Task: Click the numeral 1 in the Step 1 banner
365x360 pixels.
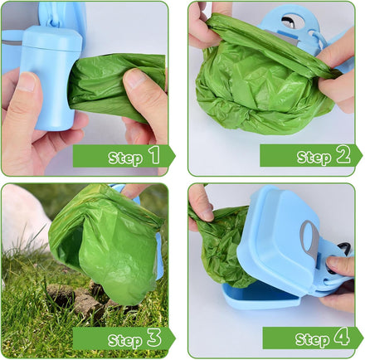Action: [155, 155]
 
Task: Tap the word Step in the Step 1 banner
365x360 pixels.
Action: [125, 158]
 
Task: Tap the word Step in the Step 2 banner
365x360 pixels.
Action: [314, 158]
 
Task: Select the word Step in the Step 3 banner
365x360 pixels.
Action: [125, 341]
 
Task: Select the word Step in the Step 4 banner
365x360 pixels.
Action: [313, 340]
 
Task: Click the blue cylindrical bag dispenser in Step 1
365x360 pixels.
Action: [51, 77]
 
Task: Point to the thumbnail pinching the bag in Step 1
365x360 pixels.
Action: [134, 78]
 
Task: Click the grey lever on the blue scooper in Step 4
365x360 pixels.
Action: [309, 239]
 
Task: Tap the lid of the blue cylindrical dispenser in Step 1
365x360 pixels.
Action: [52, 37]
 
